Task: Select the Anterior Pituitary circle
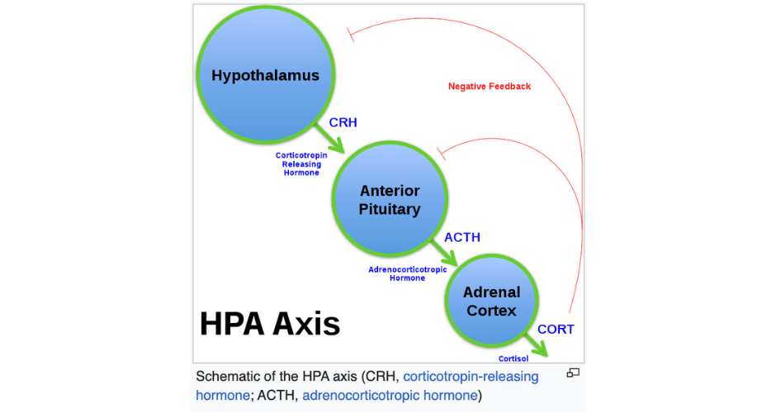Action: tap(389, 201)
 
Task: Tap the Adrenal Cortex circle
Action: tap(491, 301)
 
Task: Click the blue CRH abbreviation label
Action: tap(343, 122)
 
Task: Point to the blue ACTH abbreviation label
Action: tap(462, 238)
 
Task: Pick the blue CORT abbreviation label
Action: tap(556, 329)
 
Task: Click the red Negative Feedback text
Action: tap(490, 86)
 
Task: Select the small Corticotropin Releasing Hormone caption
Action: tap(301, 164)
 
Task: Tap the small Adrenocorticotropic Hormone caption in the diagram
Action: tap(407, 273)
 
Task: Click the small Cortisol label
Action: tap(513, 358)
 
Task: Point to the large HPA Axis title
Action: tap(270, 323)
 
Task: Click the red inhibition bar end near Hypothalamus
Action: tap(350, 35)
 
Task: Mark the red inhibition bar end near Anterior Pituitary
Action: tap(441, 153)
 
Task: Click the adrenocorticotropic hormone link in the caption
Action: tap(390, 396)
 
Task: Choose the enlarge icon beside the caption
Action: tap(573, 373)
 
